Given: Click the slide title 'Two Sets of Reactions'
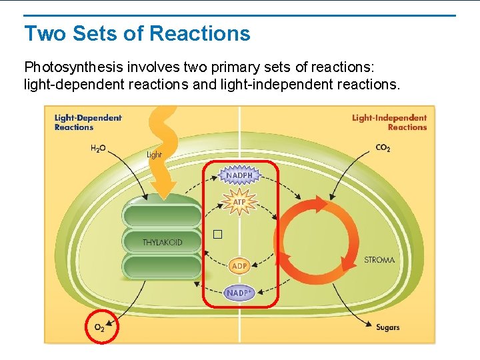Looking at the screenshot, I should (x=137, y=33).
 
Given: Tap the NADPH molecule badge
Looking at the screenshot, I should (x=239, y=175).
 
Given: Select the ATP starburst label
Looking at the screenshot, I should (x=239, y=201).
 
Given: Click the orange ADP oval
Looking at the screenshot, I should (x=239, y=266).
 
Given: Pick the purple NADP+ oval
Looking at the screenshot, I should (x=239, y=293).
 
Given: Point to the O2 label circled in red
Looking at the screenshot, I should (x=99, y=327).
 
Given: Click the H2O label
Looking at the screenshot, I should (x=98, y=149).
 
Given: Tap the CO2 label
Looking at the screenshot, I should (x=383, y=148).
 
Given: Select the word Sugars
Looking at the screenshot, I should (x=387, y=327).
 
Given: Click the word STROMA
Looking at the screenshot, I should (x=379, y=260).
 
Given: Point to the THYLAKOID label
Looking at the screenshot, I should (x=162, y=243).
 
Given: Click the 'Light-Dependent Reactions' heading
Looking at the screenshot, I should (x=88, y=123).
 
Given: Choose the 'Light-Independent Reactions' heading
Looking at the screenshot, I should (x=389, y=123).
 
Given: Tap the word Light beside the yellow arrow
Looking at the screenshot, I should (x=154, y=155).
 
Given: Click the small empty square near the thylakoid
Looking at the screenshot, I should (x=217, y=235).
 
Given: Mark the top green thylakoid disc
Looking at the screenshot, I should (x=162, y=215).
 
